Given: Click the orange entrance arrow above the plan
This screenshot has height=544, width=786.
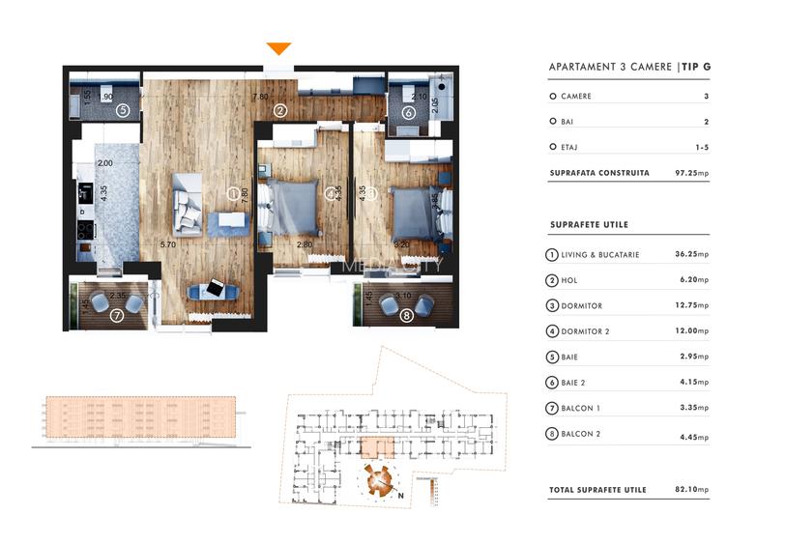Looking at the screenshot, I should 278,48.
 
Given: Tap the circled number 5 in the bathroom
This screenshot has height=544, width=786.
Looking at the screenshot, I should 123,111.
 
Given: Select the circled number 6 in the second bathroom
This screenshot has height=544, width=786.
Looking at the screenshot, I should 408,113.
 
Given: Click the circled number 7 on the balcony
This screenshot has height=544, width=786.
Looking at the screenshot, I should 117,315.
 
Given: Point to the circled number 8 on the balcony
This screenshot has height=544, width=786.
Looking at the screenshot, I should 406,314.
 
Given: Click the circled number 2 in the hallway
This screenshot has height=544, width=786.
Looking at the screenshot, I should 279,111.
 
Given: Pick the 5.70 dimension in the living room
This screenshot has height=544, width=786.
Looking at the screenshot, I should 168,244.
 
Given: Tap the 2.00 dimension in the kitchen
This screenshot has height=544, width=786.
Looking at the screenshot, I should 105,163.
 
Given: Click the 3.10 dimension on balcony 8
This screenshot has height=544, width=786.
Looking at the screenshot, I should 404,296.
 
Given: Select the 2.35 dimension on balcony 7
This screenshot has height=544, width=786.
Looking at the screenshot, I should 119,296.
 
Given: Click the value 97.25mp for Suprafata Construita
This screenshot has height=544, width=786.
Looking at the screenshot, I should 691,174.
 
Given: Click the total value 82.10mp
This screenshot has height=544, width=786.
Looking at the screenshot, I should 691,490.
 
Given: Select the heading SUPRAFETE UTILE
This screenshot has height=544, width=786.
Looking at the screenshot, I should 589,225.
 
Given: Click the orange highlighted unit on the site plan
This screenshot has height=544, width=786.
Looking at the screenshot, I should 374,447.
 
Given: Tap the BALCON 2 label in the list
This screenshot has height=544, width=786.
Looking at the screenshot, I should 581,434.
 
